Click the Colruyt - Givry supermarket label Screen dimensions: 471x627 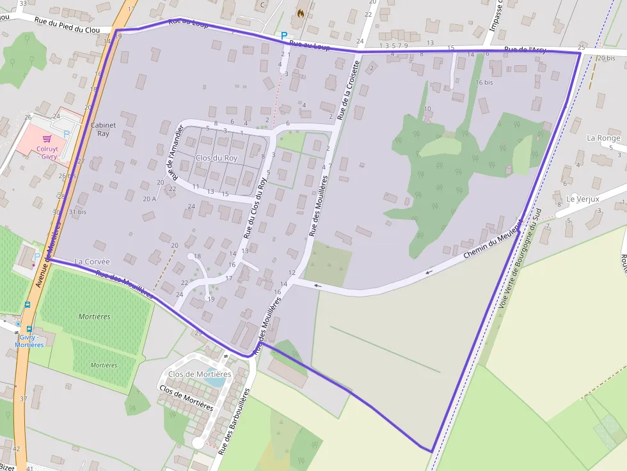48,151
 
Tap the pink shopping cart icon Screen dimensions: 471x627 47,138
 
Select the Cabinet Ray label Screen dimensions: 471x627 103,129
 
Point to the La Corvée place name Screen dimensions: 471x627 92,261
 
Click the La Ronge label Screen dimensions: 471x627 603,138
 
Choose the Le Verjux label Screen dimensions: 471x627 582,199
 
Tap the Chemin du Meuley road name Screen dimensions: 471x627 492,243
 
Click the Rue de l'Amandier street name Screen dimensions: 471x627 173,151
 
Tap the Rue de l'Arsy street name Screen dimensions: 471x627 525,50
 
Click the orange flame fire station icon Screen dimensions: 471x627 301,13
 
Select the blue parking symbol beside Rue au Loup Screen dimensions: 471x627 284,36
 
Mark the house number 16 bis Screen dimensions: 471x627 484,82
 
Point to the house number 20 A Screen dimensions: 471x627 150,199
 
